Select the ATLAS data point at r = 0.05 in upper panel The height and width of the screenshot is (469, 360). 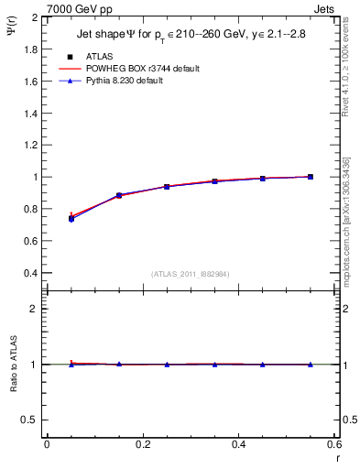[71, 219]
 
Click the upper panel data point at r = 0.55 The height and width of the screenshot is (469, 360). [311, 177]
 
